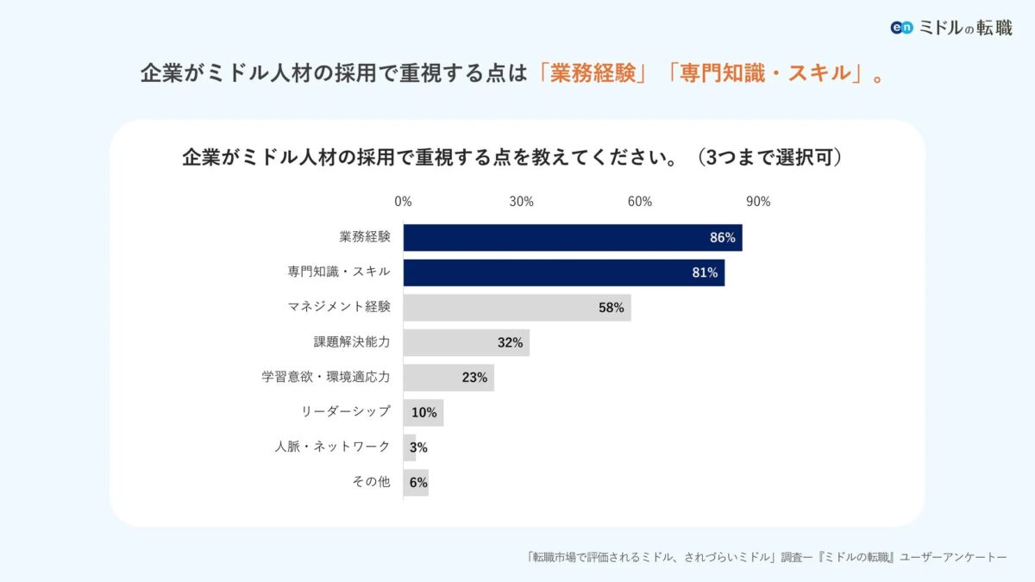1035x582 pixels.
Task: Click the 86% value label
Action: [723, 237]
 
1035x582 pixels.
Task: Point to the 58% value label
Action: [611, 308]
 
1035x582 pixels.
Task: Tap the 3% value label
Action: [418, 447]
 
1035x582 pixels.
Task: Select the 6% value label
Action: [418, 483]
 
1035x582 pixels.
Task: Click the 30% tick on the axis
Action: [521, 202]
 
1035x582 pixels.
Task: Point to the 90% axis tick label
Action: [758, 202]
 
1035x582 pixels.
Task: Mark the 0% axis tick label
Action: [403, 202]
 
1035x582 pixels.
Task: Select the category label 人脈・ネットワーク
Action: [332, 447]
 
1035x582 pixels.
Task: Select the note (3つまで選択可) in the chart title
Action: [772, 159]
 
